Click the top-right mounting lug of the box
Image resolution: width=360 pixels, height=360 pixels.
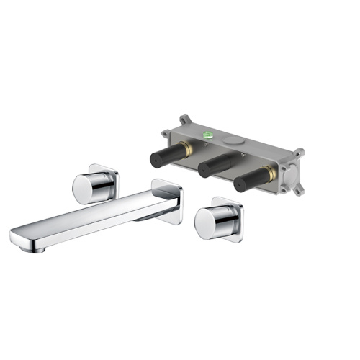(297, 153)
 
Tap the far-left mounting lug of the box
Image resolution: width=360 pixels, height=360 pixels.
(165, 132)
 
